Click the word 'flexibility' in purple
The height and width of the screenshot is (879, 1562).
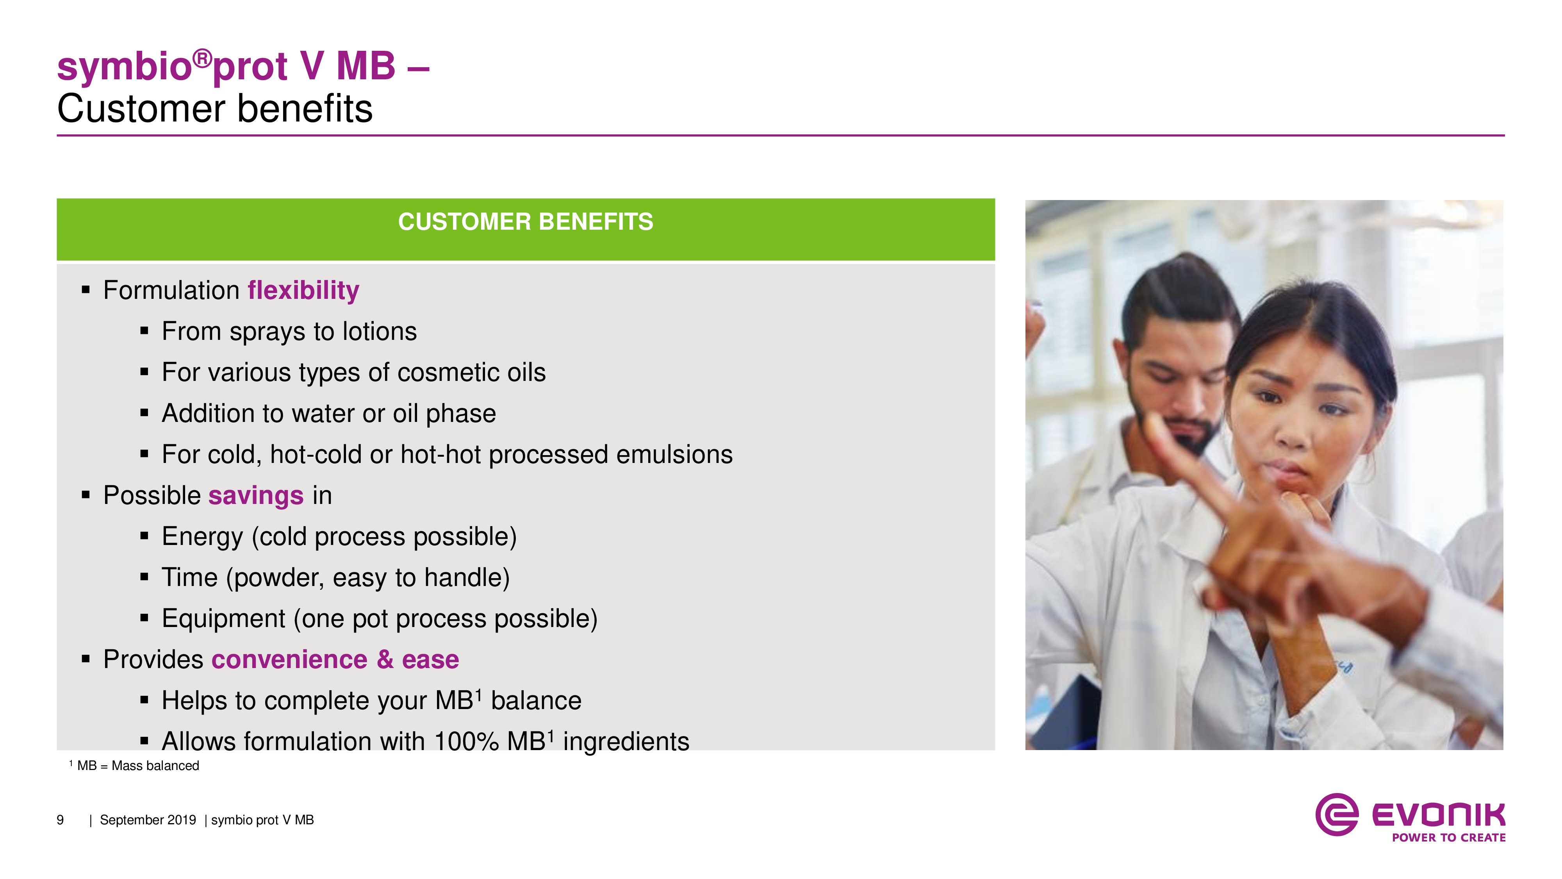(x=303, y=291)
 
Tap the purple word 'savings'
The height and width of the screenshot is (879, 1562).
(x=256, y=496)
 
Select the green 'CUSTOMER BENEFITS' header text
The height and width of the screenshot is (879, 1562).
(x=526, y=222)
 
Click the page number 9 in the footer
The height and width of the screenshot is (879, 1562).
(x=60, y=820)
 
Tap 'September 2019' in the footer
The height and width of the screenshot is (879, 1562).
(x=148, y=820)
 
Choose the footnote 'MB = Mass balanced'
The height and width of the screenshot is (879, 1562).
(x=138, y=766)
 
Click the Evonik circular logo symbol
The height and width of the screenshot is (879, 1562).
(x=1336, y=815)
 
